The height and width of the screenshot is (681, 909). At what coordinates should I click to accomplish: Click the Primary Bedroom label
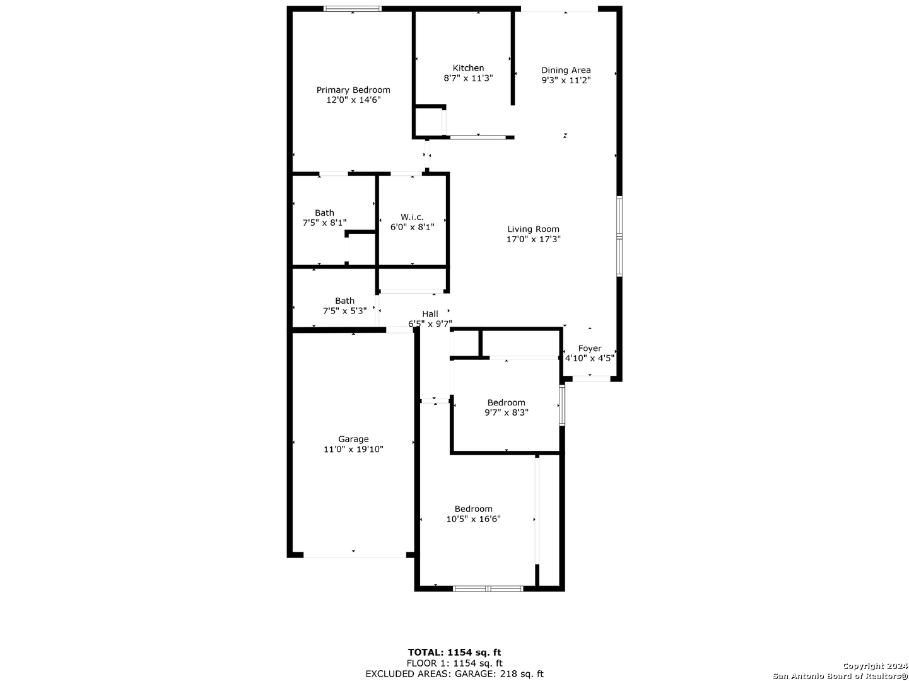point(353,90)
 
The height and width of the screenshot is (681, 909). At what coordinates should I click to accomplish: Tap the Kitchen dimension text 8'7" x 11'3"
point(468,78)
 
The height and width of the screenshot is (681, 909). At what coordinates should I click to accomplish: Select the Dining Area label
point(566,71)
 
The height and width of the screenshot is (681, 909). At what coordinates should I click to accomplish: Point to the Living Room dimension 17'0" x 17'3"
point(534,239)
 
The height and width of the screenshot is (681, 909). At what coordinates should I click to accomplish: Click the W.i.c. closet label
point(412,217)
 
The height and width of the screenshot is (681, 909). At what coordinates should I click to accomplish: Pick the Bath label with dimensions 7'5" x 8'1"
point(324,212)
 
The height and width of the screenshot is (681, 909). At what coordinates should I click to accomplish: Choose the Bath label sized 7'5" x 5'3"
point(344,301)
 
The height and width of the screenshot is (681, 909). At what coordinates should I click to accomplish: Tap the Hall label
point(430,314)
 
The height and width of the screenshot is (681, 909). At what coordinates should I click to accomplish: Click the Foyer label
point(590,349)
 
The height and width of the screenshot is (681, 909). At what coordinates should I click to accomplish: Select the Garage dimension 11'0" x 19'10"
point(353,449)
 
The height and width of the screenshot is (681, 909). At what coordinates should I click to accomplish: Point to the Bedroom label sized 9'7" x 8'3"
point(506,402)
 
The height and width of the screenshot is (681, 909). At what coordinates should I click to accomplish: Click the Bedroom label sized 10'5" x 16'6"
point(473,509)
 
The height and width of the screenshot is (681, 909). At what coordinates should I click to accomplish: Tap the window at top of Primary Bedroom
point(352,8)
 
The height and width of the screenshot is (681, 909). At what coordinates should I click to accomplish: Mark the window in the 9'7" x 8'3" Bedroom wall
point(562,405)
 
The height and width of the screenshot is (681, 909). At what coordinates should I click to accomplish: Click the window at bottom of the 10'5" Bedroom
point(488,589)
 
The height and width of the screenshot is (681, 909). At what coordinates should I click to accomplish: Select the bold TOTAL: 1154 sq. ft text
point(454,653)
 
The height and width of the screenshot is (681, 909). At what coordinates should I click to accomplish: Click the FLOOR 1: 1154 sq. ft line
point(454,663)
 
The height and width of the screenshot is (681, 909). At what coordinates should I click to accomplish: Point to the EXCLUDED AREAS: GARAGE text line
point(454,674)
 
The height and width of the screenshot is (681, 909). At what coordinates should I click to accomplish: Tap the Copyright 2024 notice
point(875,666)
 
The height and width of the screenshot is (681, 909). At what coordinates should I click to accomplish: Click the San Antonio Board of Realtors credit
point(840,676)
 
